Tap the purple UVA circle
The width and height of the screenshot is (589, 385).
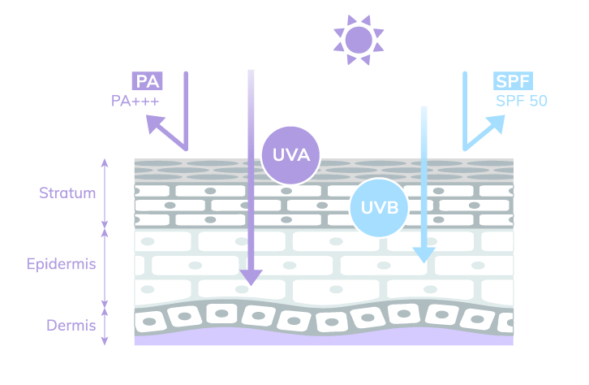pyautogui.click(x=291, y=154)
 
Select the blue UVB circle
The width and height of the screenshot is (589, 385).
pyautogui.click(x=380, y=207)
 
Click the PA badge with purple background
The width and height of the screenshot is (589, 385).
pyautogui.click(x=147, y=81)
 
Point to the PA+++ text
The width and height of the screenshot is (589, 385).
pyautogui.click(x=135, y=102)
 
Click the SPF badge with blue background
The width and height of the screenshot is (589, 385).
pyautogui.click(x=513, y=81)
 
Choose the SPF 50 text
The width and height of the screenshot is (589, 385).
pyautogui.click(x=522, y=102)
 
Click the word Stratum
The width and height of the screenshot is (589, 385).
pyautogui.click(x=67, y=193)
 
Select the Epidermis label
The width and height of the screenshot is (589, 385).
pyautogui.click(x=62, y=265)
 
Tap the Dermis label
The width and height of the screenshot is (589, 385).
pyautogui.click(x=71, y=326)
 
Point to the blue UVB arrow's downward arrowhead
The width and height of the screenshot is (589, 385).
pyautogui.click(x=423, y=256)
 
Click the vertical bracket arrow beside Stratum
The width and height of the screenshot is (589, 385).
pyautogui.click(x=104, y=193)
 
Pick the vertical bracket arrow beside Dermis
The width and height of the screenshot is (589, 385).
pyautogui.click(x=104, y=326)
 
